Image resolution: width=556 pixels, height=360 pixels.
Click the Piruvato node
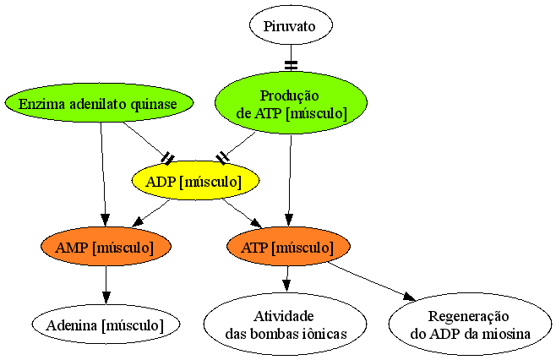(291, 25)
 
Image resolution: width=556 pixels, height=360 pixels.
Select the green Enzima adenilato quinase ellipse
(99, 103)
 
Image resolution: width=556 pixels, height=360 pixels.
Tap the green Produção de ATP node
(291, 103)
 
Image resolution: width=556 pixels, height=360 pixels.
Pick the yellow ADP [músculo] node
(195, 181)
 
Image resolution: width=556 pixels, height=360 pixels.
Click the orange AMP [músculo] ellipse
(106, 246)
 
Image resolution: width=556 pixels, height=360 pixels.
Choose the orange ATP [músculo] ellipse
(289, 246)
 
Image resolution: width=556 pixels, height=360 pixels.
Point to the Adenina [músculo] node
(106, 324)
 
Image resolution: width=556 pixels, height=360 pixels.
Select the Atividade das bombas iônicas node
(285, 324)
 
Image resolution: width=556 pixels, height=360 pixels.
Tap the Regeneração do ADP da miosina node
(470, 324)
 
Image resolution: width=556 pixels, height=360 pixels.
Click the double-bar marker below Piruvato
(292, 65)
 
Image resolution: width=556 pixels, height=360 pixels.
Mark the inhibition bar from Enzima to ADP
(167, 159)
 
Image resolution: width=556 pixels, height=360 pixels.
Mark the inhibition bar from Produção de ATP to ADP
(223, 159)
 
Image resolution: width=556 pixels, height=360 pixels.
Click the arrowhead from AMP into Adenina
(106, 298)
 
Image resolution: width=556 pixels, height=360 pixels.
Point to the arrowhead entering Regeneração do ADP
(410, 296)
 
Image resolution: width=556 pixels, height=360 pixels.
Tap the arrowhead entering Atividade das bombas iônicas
(286, 286)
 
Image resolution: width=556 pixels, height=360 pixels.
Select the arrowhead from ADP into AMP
(138, 221)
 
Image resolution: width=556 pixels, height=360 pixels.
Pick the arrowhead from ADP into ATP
(256, 222)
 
